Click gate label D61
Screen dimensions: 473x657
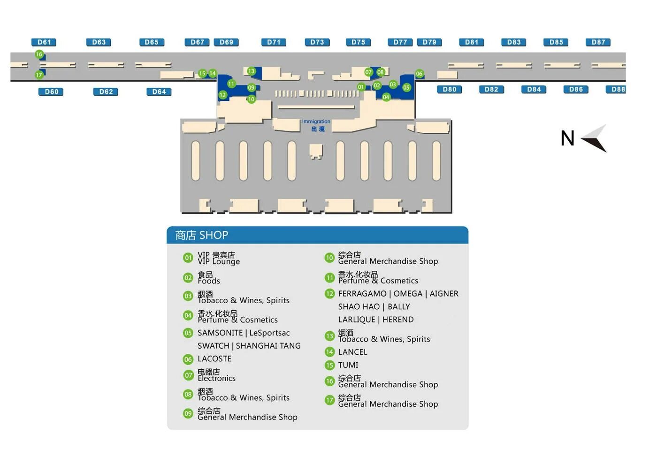44,42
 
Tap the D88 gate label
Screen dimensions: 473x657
618,90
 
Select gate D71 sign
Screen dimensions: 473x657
274,42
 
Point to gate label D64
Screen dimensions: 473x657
159,92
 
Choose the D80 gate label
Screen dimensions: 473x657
449,90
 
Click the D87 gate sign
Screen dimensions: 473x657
598,42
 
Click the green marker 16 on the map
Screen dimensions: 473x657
39,54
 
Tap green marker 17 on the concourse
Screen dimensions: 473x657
39,75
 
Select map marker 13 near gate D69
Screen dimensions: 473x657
252,71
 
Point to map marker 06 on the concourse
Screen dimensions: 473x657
419,74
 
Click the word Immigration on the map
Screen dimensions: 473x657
316,122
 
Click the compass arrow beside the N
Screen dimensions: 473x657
595,138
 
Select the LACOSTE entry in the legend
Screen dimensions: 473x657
214,359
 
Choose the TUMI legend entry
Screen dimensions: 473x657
348,365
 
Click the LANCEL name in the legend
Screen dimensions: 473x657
353,352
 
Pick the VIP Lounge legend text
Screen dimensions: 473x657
219,261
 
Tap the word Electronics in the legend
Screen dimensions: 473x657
216,378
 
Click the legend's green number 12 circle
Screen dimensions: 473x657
329,294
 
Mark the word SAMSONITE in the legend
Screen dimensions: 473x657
220,333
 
